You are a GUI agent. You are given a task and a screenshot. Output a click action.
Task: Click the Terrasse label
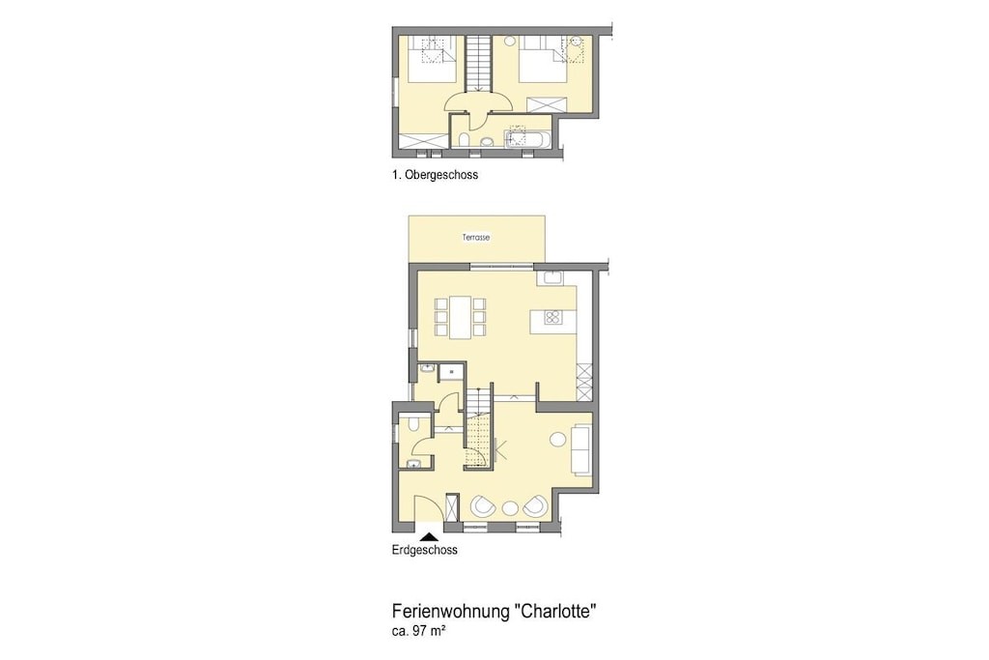(476, 238)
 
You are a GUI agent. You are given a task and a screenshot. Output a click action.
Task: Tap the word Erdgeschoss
(425, 550)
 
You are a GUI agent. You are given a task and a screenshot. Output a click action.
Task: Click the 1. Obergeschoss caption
(435, 175)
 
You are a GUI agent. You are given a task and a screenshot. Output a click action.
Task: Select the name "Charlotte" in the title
(555, 612)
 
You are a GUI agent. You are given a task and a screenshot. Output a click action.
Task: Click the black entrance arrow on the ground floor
(429, 536)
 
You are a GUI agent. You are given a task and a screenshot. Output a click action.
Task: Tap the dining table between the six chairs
(461, 317)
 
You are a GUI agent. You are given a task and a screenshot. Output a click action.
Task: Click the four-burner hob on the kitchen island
(552, 318)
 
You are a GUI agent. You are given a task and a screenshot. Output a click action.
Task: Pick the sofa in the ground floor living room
(581, 448)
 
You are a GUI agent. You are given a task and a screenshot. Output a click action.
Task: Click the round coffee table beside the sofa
(557, 439)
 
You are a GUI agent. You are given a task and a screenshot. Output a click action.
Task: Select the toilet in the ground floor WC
(413, 423)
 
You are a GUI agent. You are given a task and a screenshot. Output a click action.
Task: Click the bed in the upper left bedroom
(432, 59)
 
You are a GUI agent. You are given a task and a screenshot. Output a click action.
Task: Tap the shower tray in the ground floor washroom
(451, 372)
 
